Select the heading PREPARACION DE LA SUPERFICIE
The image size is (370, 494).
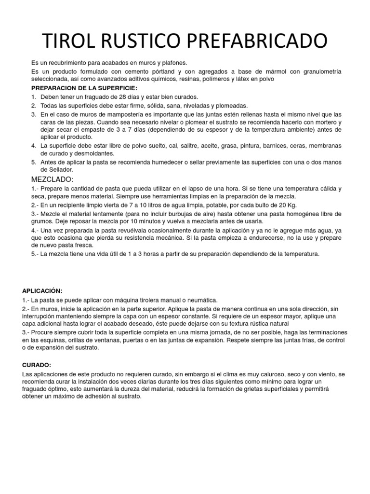pos(84,88)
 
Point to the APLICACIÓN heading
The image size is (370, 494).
pos(42,290)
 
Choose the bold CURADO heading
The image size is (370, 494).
pos(37,365)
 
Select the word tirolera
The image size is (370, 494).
pos(153,300)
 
